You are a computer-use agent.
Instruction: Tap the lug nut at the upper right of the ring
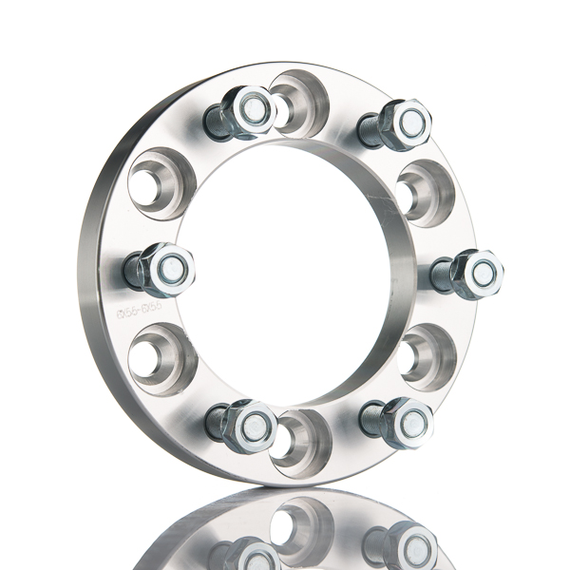pos(405,123)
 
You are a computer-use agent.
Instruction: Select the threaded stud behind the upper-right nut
pos(370,127)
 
